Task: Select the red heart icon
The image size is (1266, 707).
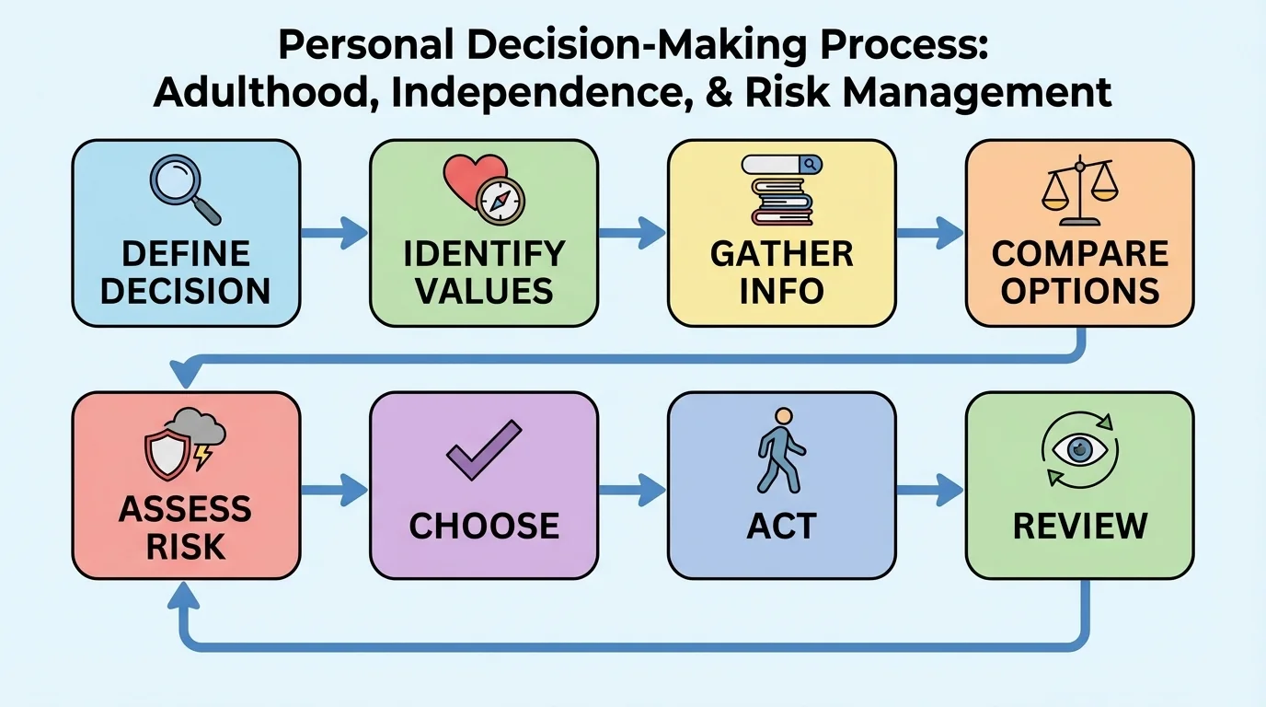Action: pyautogui.click(x=467, y=179)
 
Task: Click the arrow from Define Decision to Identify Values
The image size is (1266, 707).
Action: pyautogui.click(x=334, y=233)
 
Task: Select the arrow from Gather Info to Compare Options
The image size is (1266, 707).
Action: pyautogui.click(x=929, y=233)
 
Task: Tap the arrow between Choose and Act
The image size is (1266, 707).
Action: pyautogui.click(x=632, y=489)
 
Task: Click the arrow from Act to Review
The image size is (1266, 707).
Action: pyautogui.click(x=929, y=489)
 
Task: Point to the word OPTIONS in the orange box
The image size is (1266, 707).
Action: pyautogui.click(x=1079, y=291)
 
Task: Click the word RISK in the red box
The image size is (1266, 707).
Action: pyautogui.click(x=184, y=546)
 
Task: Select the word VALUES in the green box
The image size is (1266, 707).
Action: pyautogui.click(x=484, y=291)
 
